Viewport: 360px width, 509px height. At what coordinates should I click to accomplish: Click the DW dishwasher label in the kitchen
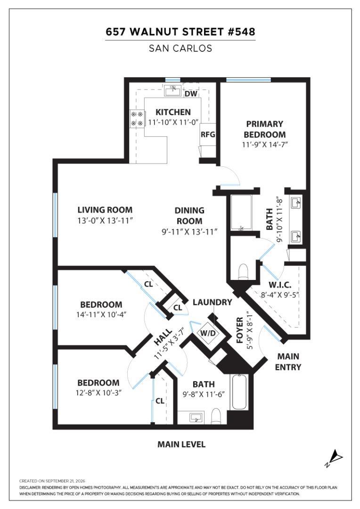(x=191, y=94)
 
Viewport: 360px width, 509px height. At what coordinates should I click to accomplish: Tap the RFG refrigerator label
(x=208, y=134)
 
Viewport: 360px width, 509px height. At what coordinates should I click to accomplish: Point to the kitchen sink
(x=172, y=90)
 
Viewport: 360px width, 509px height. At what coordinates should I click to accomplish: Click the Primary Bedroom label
(x=264, y=129)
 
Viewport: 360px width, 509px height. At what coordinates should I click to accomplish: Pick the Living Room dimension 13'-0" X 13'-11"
(x=106, y=221)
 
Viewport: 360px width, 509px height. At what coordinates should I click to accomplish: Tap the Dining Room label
(x=189, y=215)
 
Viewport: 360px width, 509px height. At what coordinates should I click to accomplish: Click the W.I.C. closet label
(x=280, y=285)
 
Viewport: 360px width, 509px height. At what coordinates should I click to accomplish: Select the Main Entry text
(x=288, y=361)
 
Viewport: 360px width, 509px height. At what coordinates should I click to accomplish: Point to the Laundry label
(x=213, y=302)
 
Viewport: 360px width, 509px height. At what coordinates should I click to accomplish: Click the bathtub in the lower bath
(x=239, y=392)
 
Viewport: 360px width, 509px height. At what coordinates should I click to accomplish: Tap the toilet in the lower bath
(x=215, y=417)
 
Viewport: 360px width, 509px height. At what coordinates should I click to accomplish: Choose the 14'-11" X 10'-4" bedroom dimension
(x=101, y=314)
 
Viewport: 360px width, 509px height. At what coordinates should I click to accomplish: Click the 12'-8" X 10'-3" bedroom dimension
(x=98, y=393)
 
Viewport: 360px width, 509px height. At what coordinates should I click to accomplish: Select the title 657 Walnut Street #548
(x=180, y=32)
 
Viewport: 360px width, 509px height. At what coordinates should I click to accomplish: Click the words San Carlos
(x=180, y=49)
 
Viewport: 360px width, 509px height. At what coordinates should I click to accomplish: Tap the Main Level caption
(x=181, y=444)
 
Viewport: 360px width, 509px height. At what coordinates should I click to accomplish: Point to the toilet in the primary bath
(x=243, y=272)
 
